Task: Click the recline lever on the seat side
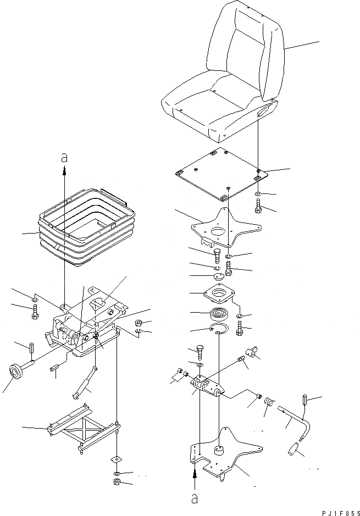(x=263, y=110)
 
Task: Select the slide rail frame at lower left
(x=82, y=426)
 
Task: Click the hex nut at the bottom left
(x=117, y=482)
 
